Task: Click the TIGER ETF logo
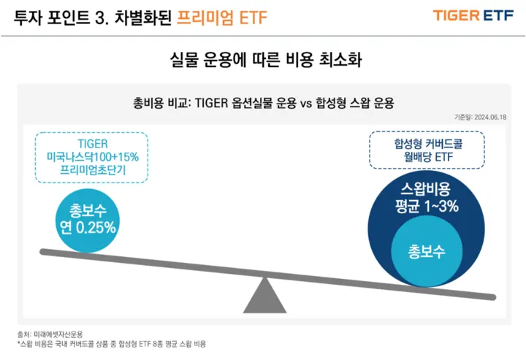(473, 15)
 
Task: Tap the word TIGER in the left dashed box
(91, 144)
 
